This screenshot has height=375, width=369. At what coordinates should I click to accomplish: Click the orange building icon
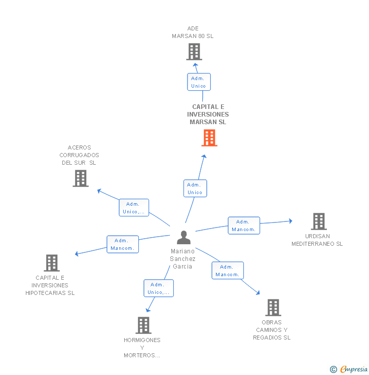209,138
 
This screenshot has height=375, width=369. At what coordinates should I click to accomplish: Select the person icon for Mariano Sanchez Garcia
183,237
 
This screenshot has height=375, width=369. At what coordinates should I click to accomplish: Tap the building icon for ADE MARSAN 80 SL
194,52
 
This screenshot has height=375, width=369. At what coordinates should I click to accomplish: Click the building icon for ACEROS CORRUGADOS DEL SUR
81,178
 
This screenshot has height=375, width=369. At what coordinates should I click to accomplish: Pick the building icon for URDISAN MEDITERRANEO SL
318,221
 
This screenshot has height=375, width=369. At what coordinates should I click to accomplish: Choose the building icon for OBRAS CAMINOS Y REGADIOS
273,308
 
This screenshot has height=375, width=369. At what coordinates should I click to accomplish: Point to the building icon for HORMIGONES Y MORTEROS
143,325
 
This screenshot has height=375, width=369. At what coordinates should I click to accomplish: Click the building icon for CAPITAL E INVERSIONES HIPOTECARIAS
52,263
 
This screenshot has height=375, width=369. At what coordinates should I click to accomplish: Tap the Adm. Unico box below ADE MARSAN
198,82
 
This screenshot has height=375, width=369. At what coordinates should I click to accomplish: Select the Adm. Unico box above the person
195,189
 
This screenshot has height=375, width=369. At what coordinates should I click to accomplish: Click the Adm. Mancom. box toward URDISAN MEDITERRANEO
243,226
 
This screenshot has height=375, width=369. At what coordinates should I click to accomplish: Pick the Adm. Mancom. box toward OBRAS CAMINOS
227,271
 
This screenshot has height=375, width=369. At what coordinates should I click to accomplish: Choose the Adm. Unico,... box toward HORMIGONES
158,288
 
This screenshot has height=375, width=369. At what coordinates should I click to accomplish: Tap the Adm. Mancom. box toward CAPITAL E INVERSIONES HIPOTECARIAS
122,244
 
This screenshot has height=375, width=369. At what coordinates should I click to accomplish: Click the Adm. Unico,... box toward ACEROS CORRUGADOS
134,208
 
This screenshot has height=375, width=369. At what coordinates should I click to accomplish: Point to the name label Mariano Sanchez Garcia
182,259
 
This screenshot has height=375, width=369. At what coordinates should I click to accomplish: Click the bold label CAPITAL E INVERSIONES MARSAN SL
208,115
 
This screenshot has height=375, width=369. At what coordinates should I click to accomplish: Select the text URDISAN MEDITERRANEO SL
317,240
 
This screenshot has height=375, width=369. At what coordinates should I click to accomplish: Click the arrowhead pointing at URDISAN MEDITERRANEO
290,220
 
